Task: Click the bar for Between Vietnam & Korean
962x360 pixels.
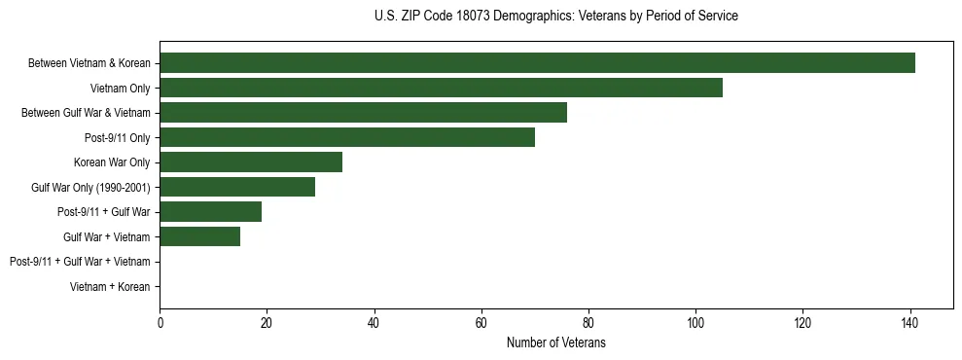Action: point(537,63)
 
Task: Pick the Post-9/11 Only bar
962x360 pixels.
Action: point(347,137)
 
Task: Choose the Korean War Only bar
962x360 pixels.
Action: point(251,162)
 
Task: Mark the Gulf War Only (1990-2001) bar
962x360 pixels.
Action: point(237,187)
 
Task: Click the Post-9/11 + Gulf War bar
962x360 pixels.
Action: point(210,212)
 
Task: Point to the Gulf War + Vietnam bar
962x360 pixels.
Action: point(199,236)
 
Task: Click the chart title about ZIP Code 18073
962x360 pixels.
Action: point(555,17)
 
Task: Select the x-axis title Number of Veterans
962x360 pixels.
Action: point(555,342)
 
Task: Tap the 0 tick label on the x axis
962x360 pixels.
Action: point(160,322)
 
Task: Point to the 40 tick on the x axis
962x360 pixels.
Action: point(374,322)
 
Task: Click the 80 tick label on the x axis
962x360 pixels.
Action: point(588,322)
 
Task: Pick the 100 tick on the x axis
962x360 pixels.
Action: point(695,322)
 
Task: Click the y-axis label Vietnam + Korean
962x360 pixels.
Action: point(110,286)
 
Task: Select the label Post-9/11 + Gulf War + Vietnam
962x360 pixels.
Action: point(80,262)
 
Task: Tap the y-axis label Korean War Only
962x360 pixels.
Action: point(112,162)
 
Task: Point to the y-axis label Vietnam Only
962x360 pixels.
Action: point(120,89)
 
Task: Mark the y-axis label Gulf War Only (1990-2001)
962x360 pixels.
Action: point(90,187)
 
